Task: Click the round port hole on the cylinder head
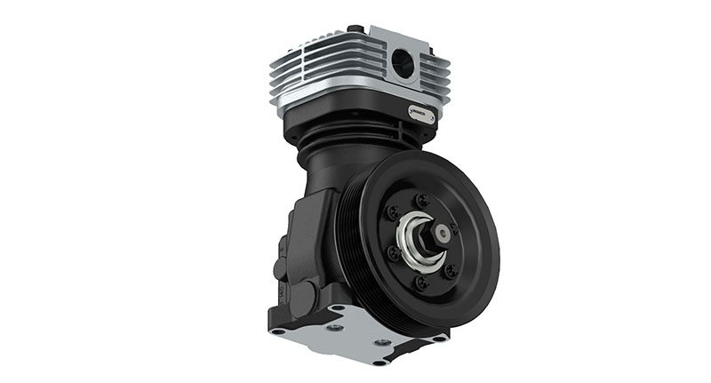pos(402,63)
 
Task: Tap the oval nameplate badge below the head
pos(420,113)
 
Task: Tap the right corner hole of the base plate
pos(435,337)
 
